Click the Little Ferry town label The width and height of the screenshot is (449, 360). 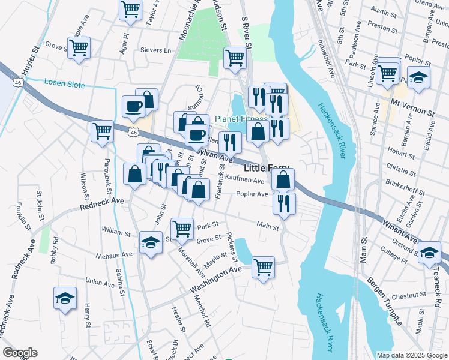point(266,169)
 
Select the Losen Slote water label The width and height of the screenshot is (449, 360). point(65,85)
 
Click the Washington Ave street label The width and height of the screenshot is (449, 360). point(215,280)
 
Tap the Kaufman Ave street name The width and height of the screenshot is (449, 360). point(244,181)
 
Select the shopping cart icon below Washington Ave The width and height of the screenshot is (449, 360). point(263,267)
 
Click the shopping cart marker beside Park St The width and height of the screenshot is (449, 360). point(182,228)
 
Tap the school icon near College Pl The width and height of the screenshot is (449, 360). point(429,251)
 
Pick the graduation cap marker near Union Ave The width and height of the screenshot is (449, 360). point(65,298)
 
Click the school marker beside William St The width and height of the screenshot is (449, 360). point(151,242)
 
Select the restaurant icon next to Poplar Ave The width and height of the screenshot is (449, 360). point(284,203)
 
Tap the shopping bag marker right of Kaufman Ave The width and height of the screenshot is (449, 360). point(283,178)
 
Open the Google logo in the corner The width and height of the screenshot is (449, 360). point(20,353)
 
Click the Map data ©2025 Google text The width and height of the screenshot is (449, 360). point(411,355)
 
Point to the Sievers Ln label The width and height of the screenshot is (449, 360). point(155,50)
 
